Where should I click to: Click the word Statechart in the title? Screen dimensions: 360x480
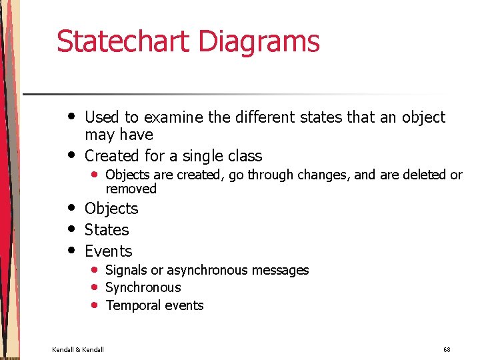coord(123,41)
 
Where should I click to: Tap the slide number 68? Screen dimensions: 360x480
coord(447,349)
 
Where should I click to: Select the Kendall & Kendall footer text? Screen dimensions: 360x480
coord(78,349)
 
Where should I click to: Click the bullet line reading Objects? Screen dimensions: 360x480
coord(111,209)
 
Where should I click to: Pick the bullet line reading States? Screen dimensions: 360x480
coord(107,230)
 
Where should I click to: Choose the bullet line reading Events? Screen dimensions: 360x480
coord(109,251)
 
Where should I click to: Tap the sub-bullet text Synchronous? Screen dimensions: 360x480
coord(143,288)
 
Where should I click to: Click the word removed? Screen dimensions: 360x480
coord(131,189)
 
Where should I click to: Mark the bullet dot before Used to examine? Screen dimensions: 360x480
coord(71,116)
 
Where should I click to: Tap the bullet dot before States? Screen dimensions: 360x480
coord(71,229)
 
